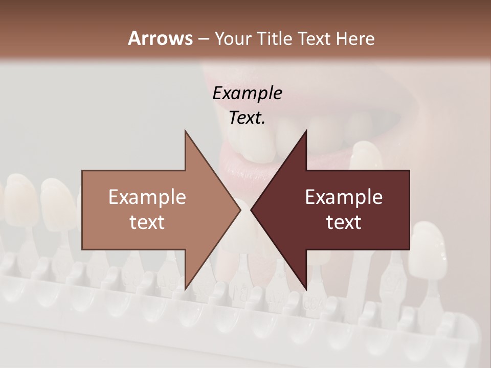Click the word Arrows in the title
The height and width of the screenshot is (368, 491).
tap(160, 38)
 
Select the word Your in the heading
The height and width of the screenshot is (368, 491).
tap(232, 39)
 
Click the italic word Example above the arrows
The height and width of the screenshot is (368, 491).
tap(247, 93)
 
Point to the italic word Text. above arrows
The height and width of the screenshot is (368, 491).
tap(247, 118)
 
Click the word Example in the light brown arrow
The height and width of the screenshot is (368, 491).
tap(147, 197)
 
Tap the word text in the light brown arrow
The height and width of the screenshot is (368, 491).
tap(147, 222)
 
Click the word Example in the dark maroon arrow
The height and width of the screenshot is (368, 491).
tap(344, 197)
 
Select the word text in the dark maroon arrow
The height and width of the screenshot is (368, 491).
tap(344, 222)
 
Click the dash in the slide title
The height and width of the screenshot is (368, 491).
tap(203, 39)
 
